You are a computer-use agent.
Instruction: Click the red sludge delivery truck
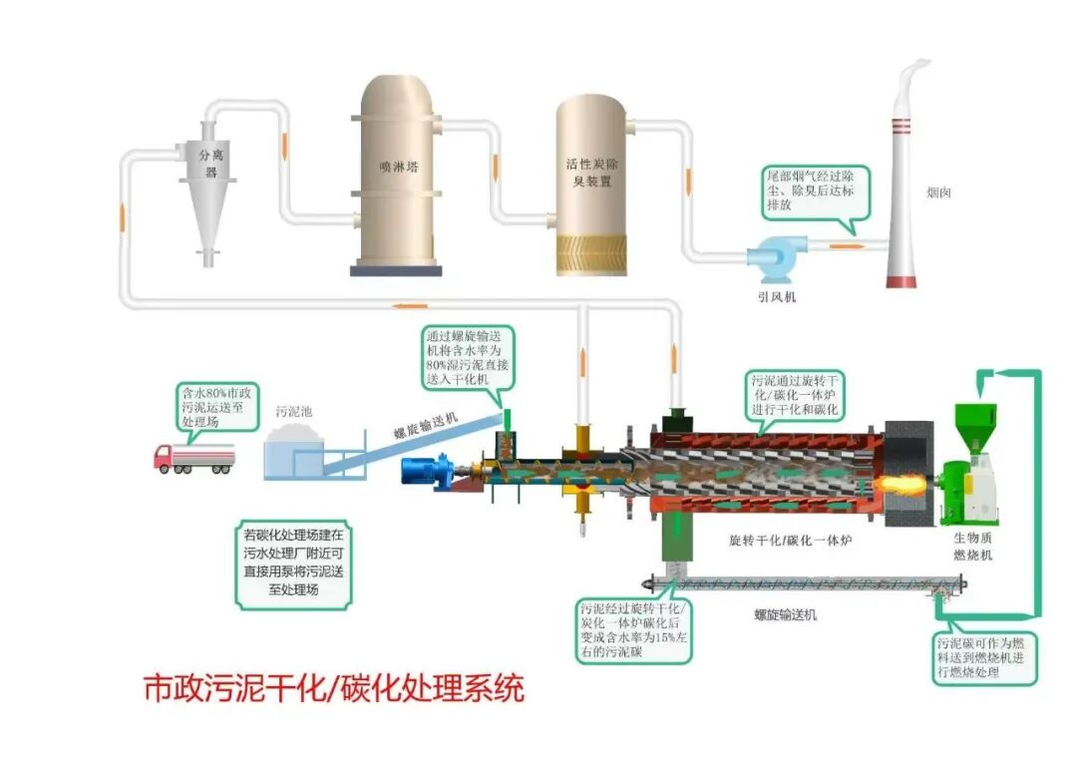194,459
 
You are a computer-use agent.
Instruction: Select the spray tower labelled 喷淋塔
396,176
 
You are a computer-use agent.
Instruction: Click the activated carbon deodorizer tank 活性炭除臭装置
591,186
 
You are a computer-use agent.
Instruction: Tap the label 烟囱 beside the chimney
938,193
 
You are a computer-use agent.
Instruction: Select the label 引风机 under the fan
776,296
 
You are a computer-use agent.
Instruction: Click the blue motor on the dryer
429,472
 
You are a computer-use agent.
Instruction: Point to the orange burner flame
903,484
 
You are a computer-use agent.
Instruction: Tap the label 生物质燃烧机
972,546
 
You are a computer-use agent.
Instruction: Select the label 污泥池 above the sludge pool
293,411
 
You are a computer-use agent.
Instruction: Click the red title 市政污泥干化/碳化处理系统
334,687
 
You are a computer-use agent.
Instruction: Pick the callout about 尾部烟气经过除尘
815,193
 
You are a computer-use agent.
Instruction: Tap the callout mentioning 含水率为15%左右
632,629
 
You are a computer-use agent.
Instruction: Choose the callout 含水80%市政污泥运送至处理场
217,407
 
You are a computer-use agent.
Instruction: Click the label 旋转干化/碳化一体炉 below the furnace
791,541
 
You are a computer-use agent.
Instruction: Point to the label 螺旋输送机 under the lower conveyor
786,614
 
